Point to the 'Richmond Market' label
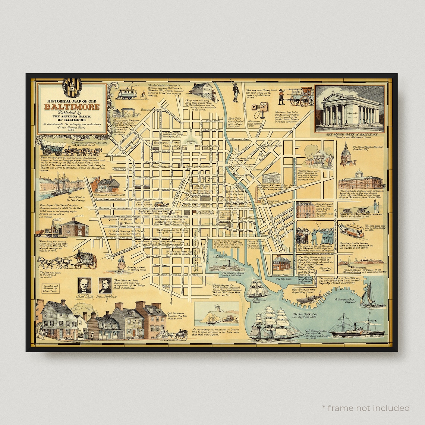(151, 110)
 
